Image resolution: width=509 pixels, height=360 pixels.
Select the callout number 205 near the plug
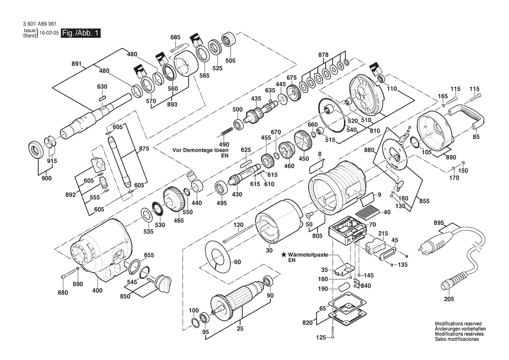coord(449,299)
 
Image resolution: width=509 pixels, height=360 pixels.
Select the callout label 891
coord(77,64)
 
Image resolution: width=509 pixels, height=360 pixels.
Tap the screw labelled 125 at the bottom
coord(333,332)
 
